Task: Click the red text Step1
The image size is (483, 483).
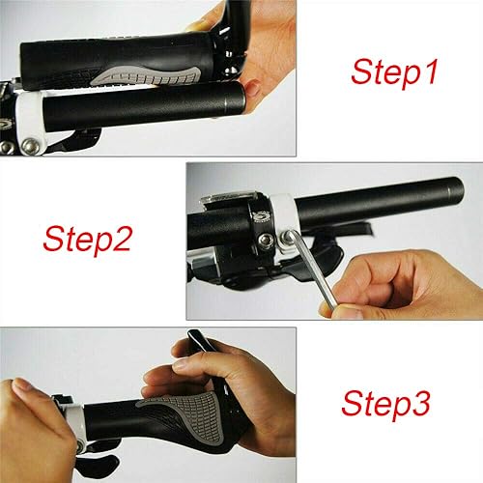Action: click(x=391, y=71)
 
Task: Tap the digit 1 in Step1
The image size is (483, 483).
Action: click(x=430, y=71)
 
